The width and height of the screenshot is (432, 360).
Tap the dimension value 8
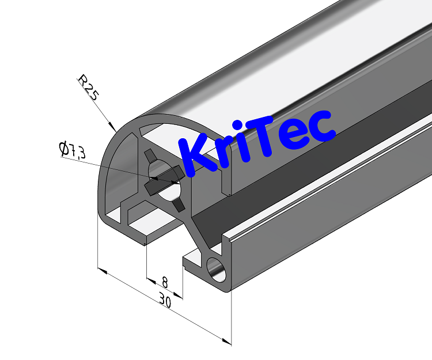click(165, 282)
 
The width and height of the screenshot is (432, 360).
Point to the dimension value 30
click(165, 301)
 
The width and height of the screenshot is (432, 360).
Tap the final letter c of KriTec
click(321, 127)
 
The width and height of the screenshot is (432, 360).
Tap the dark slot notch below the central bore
click(179, 204)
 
